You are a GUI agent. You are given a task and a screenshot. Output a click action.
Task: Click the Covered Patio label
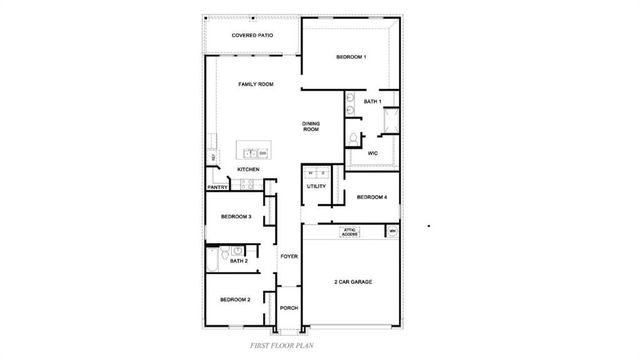[x=252, y=35]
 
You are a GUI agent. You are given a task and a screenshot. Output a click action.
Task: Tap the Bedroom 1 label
[x=351, y=57]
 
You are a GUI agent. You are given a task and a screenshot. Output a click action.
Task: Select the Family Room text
[x=256, y=84]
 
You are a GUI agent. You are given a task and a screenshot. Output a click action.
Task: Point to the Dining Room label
[x=311, y=126]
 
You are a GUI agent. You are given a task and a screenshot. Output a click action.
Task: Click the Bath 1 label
[x=372, y=102]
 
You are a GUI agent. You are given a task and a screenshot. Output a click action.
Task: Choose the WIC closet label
[x=372, y=153]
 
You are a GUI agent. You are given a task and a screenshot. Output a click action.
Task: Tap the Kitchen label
[x=249, y=169]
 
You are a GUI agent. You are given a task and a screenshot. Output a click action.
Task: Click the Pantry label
[x=218, y=187]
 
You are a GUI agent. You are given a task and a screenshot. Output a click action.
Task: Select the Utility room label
[x=316, y=186]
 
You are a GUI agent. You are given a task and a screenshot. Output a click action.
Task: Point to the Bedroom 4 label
[x=372, y=197]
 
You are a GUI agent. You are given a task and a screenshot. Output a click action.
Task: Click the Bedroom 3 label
[x=235, y=216]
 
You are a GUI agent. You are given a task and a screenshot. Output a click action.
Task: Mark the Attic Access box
[x=350, y=232]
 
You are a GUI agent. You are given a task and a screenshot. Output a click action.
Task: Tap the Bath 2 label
[x=238, y=261]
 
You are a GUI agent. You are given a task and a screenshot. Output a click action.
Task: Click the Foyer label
[x=289, y=257]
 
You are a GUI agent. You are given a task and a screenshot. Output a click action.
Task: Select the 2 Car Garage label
[x=353, y=282]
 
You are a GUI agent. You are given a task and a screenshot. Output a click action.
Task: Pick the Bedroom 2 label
[x=235, y=300]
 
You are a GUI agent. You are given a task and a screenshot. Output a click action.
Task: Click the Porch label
[x=289, y=308]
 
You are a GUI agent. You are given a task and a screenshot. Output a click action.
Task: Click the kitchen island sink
[x=251, y=153]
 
